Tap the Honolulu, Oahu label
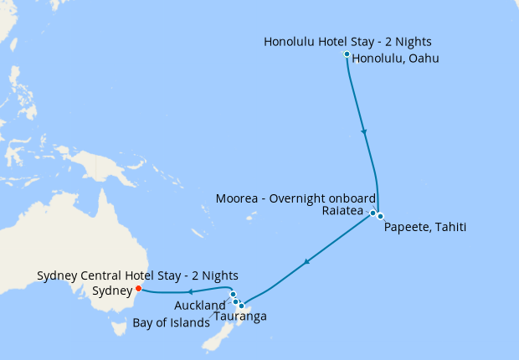(395, 59)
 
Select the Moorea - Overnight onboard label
(295, 198)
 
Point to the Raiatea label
(343, 211)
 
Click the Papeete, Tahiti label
(424, 227)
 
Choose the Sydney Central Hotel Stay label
(138, 275)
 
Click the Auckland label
(200, 306)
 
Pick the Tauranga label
(240, 316)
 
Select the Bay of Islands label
(172, 322)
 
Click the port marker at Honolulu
(347, 54)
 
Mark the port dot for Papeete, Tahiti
(380, 217)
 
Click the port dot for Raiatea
(373, 213)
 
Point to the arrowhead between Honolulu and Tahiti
(363, 131)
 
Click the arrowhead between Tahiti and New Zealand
(307, 262)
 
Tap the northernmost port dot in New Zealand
(233, 294)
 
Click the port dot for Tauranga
(241, 306)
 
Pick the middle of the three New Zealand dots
(235, 301)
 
